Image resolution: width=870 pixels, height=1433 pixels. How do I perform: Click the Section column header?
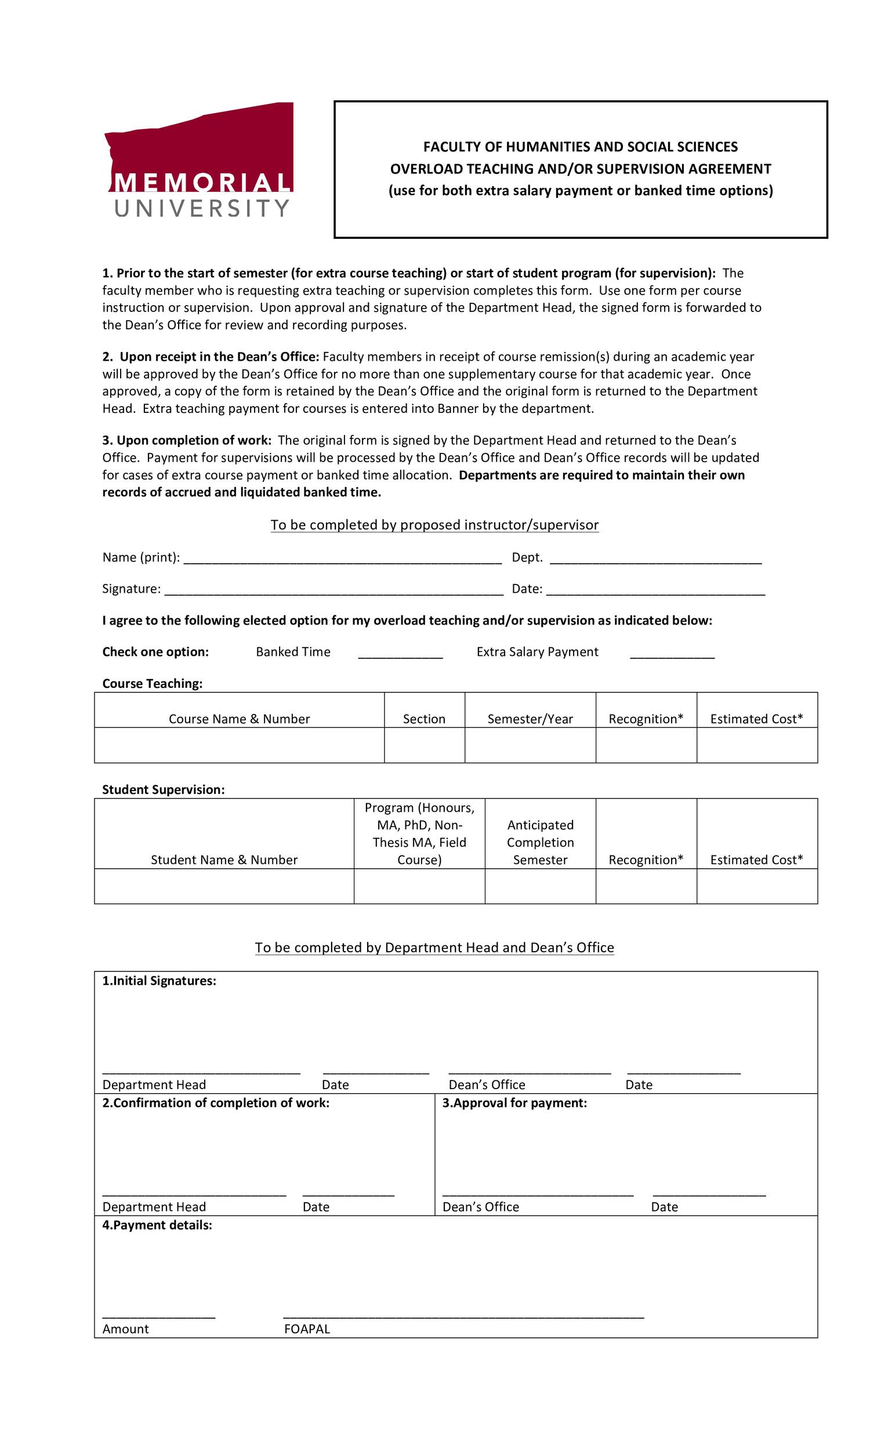coord(424,719)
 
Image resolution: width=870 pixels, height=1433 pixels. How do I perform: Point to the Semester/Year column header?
coord(530,719)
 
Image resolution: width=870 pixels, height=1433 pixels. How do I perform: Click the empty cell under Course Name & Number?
coord(239,745)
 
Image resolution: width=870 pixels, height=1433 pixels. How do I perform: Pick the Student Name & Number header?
coord(224,859)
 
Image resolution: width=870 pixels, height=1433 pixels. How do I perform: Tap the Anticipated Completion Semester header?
coord(540,842)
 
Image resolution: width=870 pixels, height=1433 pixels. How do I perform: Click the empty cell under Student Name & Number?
coord(224,886)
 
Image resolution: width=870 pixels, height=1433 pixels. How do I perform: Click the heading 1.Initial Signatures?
coord(159,981)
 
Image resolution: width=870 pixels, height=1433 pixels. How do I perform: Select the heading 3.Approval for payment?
coord(514,1103)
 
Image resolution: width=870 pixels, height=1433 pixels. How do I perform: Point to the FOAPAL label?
coord(307,1329)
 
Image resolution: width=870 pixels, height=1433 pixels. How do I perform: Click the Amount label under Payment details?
coord(126,1329)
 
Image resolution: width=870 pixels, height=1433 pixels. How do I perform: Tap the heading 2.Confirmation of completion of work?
coord(216,1103)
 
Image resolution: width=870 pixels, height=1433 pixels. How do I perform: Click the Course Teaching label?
coord(153,683)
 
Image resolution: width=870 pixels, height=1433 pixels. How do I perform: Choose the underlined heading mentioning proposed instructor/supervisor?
coord(434,525)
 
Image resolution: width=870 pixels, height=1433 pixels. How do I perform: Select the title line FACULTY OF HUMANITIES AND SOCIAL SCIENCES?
coord(581,147)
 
